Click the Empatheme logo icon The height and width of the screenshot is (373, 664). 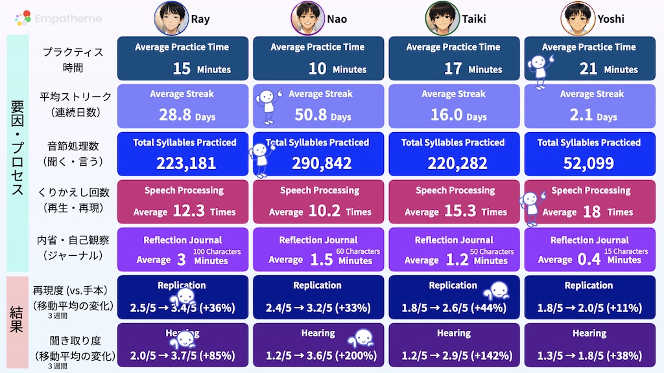click(23, 19)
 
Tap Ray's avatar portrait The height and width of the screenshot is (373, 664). click(171, 18)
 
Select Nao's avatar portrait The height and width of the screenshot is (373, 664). click(307, 18)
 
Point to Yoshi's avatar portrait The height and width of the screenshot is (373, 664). click(578, 18)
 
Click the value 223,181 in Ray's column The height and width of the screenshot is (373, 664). click(186, 163)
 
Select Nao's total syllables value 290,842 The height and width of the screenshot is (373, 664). click(322, 163)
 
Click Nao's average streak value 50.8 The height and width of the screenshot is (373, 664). click(310, 116)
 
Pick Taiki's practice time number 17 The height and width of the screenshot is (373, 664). click(453, 69)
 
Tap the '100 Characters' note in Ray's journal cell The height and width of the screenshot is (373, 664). click(217, 251)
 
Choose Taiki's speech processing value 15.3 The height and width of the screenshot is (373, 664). click(460, 211)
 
